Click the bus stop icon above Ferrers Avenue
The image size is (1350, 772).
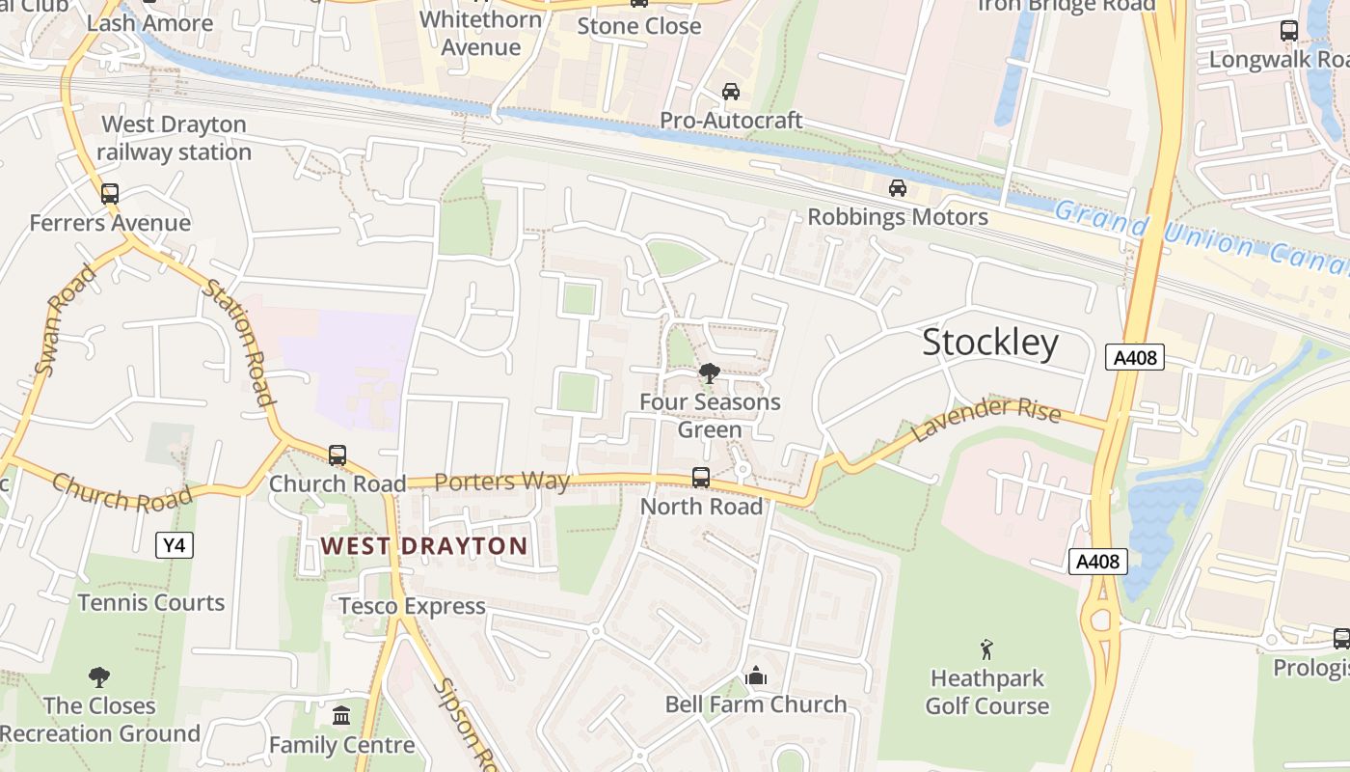(110, 194)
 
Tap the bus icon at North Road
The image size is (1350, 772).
(701, 478)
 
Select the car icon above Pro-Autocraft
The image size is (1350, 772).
(731, 92)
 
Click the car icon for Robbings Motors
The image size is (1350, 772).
(898, 188)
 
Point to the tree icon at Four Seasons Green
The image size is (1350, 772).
(709, 372)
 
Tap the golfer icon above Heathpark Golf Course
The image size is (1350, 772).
(985, 649)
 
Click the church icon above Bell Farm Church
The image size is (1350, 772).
(756, 675)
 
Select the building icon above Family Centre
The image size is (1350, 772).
(341, 716)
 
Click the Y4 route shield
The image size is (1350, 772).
(174, 545)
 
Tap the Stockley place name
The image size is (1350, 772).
(990, 343)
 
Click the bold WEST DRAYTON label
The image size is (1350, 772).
(424, 546)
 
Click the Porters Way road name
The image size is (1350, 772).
(501, 481)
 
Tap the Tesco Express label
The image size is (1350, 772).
(412, 606)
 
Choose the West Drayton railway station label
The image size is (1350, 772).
(175, 138)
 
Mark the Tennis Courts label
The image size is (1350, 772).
(151, 603)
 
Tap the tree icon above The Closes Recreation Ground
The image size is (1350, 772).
(98, 677)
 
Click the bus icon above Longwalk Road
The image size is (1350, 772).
(1289, 31)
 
